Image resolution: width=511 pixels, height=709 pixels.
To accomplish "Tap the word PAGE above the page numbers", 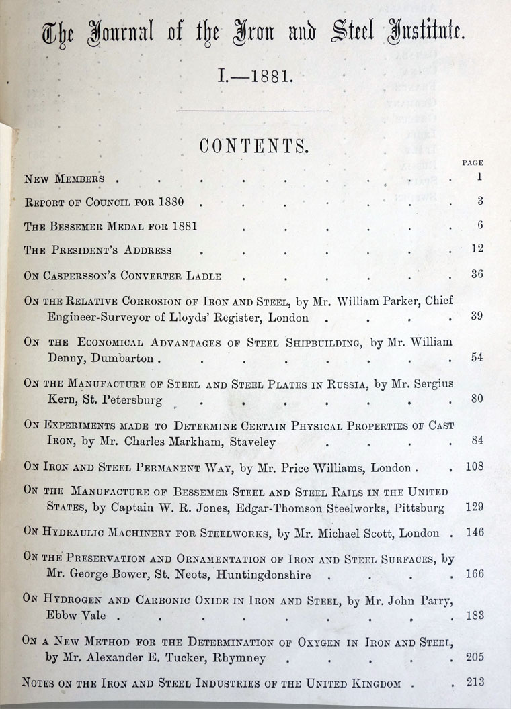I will tap(473, 162).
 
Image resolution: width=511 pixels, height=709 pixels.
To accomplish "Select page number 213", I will tap(475, 683).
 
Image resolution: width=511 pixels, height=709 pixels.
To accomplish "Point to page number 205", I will tap(475, 657).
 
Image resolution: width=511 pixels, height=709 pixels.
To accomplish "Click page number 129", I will tap(475, 507).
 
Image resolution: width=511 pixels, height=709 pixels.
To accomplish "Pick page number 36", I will tap(477, 274).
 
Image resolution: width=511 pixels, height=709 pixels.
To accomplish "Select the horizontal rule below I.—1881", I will tap(253, 110).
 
